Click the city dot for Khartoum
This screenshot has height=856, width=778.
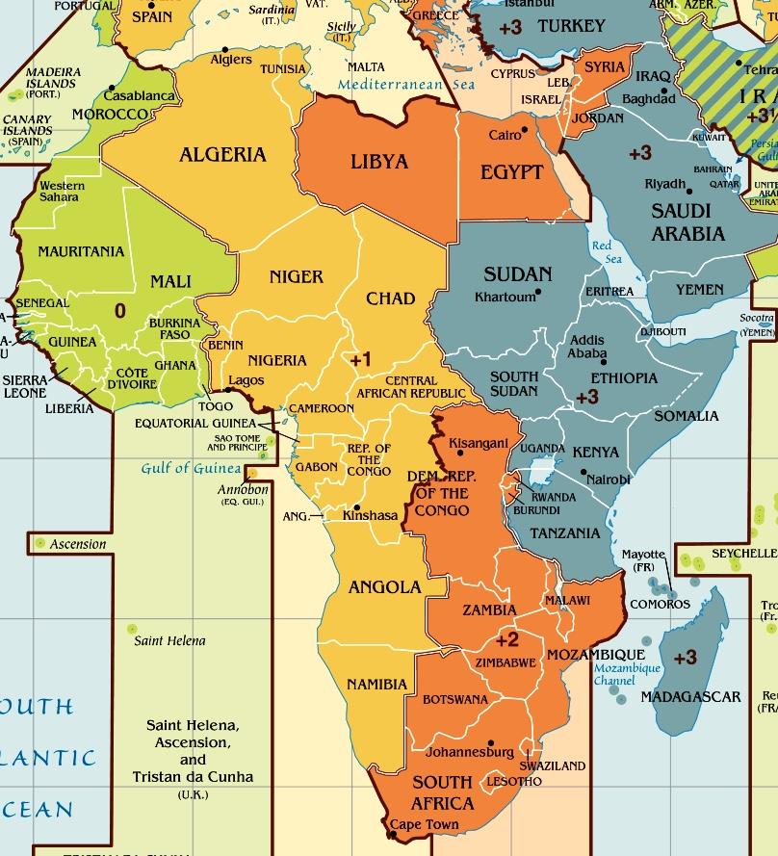click(x=539, y=292)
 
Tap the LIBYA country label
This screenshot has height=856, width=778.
click(x=379, y=161)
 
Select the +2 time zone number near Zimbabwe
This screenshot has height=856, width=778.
click(x=506, y=639)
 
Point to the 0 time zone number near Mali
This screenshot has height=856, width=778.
click(x=119, y=310)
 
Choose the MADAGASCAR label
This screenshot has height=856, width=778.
click(x=690, y=696)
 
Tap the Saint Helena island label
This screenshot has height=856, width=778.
click(x=169, y=640)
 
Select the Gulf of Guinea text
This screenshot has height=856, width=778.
click(x=191, y=469)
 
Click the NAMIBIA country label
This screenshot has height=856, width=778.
click(x=376, y=684)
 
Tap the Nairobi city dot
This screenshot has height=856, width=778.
click(x=583, y=472)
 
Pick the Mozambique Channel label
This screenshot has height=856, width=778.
click(x=627, y=674)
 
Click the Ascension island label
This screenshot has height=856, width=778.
click(x=78, y=544)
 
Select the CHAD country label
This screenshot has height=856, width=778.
click(x=390, y=298)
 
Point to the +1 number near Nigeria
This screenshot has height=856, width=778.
click(x=360, y=359)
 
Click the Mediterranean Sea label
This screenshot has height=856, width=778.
click(x=406, y=85)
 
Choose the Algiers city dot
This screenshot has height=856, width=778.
click(x=225, y=48)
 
